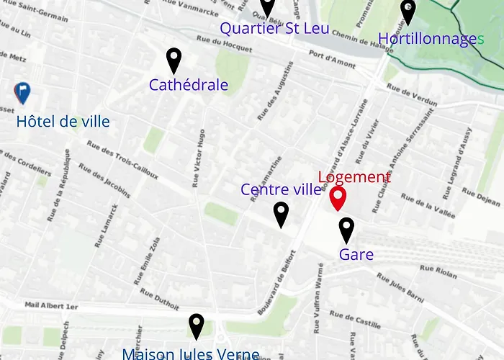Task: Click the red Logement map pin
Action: tap(338, 198)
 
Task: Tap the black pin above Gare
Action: tap(346, 230)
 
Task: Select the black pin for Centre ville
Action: tap(282, 213)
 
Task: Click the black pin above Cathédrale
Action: tap(174, 60)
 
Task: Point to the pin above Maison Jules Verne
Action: tap(196, 326)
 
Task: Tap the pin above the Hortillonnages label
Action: tap(408, 12)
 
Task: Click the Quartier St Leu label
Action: tap(274, 29)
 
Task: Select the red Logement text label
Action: tap(354, 177)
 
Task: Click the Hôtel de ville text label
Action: tap(63, 121)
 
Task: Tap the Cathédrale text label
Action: tap(189, 85)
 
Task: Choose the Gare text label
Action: tap(356, 254)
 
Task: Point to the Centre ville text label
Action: tap(281, 190)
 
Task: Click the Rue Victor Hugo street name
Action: tap(198, 158)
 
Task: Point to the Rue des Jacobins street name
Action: tap(104, 179)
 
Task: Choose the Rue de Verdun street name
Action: tap(412, 95)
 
